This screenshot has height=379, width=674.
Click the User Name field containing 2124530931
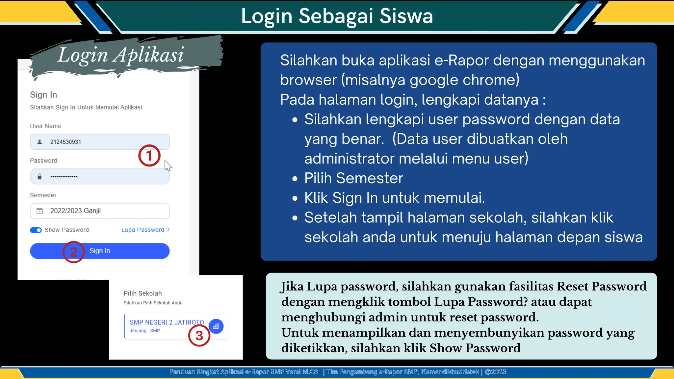click(x=99, y=142)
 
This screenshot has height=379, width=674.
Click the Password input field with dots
click(x=99, y=177)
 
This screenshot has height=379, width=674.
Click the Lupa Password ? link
click(x=145, y=230)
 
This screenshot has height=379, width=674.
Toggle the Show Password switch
click(x=36, y=230)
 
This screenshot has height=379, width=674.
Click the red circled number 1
click(x=149, y=156)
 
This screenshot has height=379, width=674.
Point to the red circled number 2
click(x=73, y=252)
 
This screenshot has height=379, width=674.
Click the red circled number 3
click(x=199, y=336)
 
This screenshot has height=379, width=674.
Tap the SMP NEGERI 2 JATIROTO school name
click(x=167, y=322)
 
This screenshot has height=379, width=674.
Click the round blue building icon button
click(x=216, y=326)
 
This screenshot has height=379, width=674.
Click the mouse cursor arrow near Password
click(x=168, y=165)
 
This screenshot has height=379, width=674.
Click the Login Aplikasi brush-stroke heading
click(x=121, y=55)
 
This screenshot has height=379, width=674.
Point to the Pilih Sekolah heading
click(x=143, y=293)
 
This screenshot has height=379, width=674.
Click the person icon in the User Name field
click(x=39, y=142)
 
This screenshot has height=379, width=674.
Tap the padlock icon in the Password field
click(x=39, y=177)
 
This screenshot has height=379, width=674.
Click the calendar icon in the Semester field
click(x=39, y=211)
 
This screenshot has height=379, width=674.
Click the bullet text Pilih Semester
click(x=353, y=178)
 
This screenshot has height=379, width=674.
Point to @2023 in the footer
click(x=495, y=372)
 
